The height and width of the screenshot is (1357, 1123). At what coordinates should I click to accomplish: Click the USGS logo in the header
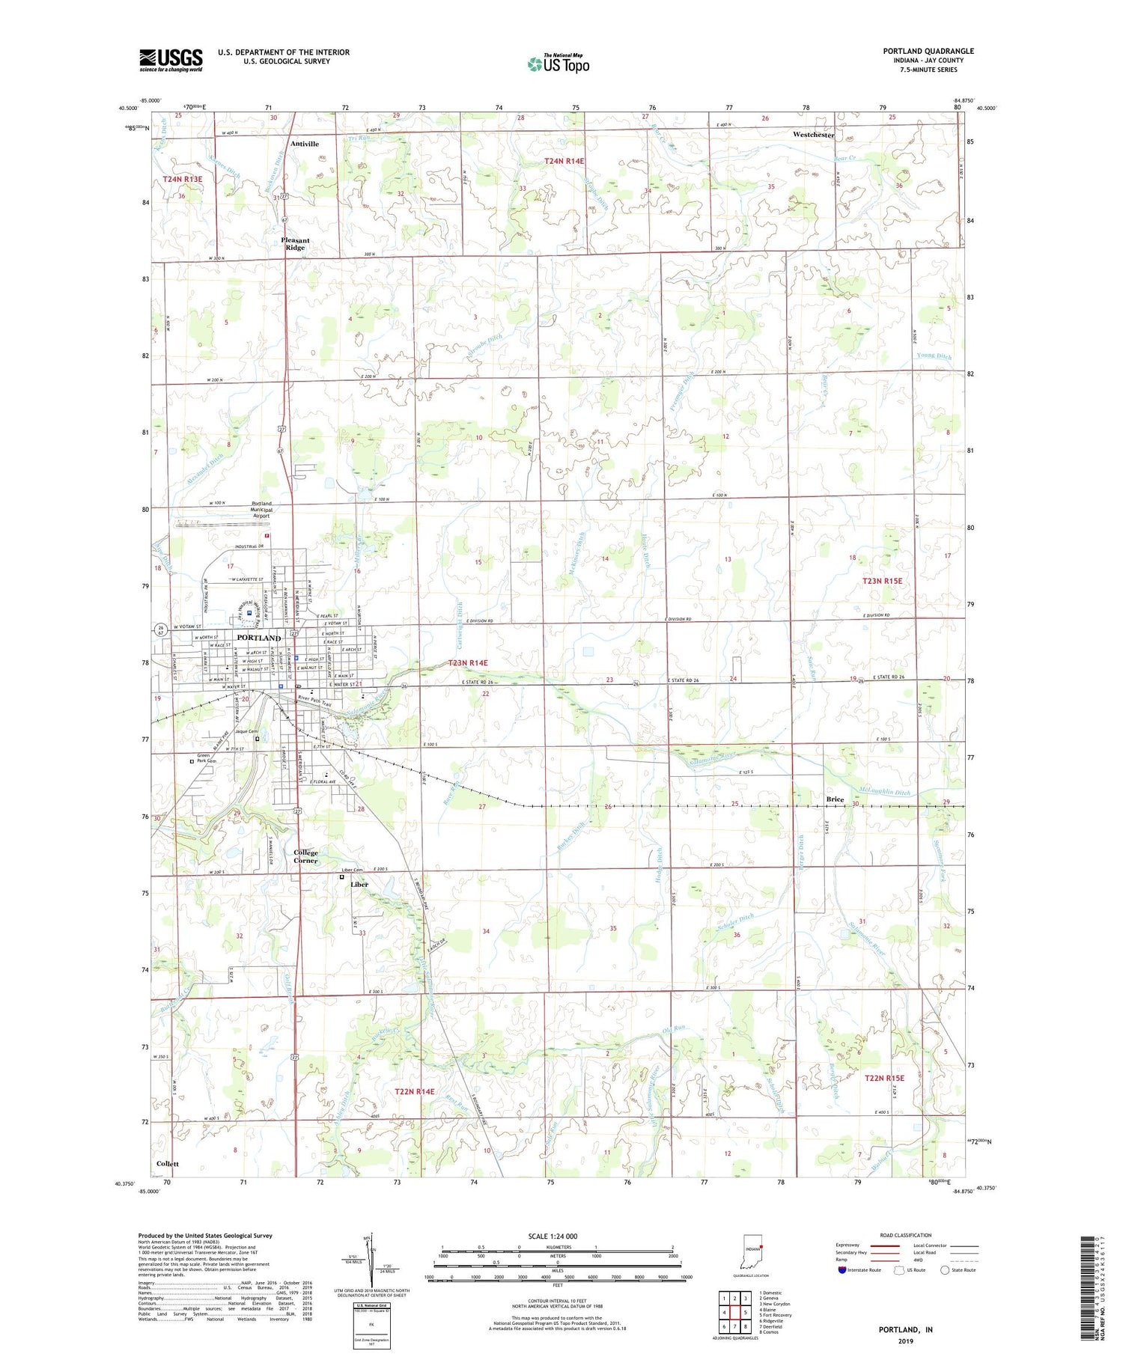[x=171, y=60]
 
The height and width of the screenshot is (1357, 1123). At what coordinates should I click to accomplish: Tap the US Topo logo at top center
[x=558, y=64]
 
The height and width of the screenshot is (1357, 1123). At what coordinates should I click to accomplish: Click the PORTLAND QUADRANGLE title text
[x=928, y=51]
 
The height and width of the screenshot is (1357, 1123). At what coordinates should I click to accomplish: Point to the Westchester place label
[x=813, y=135]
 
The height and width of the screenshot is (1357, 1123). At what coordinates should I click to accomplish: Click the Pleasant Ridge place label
[x=295, y=244]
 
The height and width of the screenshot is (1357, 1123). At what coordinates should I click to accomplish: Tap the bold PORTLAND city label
[x=258, y=638]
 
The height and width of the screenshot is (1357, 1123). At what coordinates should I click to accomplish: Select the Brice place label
[x=835, y=799]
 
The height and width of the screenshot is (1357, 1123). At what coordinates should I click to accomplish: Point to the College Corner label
[x=305, y=856]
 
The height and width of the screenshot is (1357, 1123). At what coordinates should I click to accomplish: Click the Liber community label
[x=359, y=884]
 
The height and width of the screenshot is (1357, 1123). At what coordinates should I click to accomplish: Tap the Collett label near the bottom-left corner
[x=168, y=1164]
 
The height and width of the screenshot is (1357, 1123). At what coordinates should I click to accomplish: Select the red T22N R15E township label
[x=884, y=1078]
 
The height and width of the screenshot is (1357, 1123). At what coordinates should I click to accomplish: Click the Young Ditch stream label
[x=932, y=356]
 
